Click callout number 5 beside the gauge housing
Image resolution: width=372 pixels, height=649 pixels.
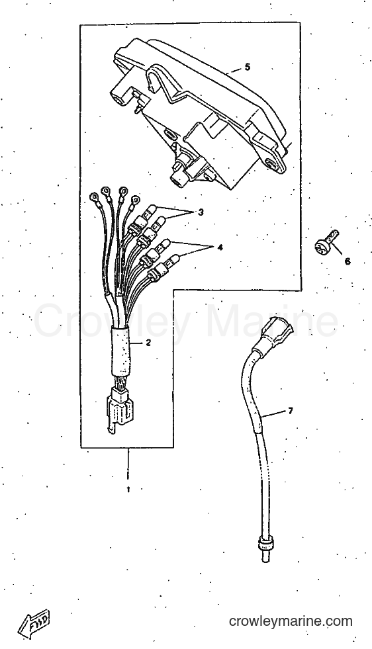point(248,67)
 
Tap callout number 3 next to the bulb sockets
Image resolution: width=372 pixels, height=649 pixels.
point(201,212)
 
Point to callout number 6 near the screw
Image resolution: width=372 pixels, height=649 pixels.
point(347,261)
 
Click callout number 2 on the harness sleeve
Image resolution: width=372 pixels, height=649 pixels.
point(148,343)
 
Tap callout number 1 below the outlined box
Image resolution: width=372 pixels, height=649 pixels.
point(128,490)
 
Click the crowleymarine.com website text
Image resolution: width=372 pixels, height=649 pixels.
point(291,621)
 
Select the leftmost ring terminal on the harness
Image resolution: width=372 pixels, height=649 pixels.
point(95,196)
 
